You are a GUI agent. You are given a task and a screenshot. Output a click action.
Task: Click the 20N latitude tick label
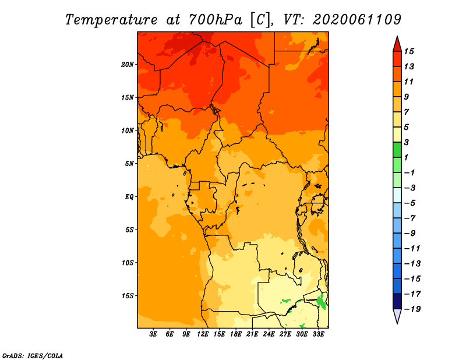(x=128, y=64)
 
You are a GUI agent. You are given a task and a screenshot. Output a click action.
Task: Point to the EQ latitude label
(x=129, y=196)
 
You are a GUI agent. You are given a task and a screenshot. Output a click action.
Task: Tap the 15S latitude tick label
(x=128, y=295)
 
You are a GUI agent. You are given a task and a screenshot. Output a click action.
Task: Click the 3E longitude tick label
(x=154, y=334)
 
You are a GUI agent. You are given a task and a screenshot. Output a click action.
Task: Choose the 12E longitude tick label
(x=203, y=334)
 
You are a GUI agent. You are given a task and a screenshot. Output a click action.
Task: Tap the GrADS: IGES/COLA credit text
(x=33, y=355)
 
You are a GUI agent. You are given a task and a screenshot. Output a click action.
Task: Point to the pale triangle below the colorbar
(x=397, y=316)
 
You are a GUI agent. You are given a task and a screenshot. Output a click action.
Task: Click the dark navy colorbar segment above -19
(x=397, y=301)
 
